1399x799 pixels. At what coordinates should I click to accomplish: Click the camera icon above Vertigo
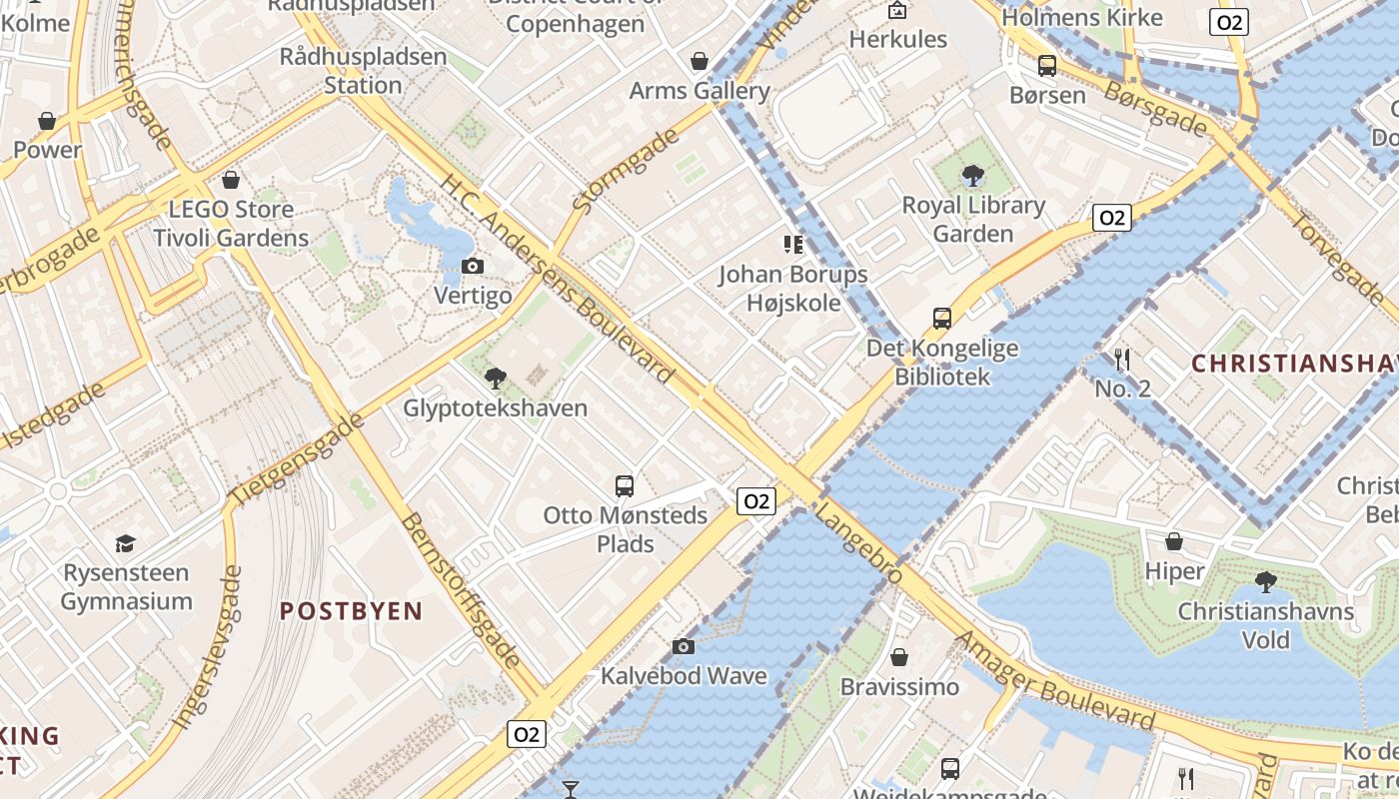click(473, 266)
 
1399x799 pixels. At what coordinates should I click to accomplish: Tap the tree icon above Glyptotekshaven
click(495, 378)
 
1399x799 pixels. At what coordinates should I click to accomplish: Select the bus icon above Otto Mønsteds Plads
click(625, 486)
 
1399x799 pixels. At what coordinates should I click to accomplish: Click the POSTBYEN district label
click(351, 611)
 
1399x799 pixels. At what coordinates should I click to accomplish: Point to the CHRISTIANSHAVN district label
click(1294, 364)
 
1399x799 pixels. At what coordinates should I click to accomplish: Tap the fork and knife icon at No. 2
click(1122, 359)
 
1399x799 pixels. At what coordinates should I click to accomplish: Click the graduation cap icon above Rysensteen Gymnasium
click(125, 543)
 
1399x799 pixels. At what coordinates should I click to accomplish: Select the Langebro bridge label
click(858, 543)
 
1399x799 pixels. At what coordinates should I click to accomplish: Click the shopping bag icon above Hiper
click(1174, 541)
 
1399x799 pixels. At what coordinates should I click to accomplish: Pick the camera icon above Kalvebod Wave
click(684, 646)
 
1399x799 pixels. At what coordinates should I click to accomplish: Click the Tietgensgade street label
click(297, 458)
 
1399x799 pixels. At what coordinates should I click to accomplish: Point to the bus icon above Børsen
click(1047, 66)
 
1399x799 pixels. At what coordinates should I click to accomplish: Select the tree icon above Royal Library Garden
click(972, 177)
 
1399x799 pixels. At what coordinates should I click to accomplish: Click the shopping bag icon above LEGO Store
click(231, 180)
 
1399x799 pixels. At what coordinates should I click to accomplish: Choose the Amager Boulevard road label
click(1055, 681)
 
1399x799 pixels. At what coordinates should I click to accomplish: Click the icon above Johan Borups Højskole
click(793, 244)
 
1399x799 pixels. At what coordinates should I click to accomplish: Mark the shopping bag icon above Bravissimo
click(899, 657)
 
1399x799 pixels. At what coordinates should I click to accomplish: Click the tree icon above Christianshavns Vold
click(1265, 582)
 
